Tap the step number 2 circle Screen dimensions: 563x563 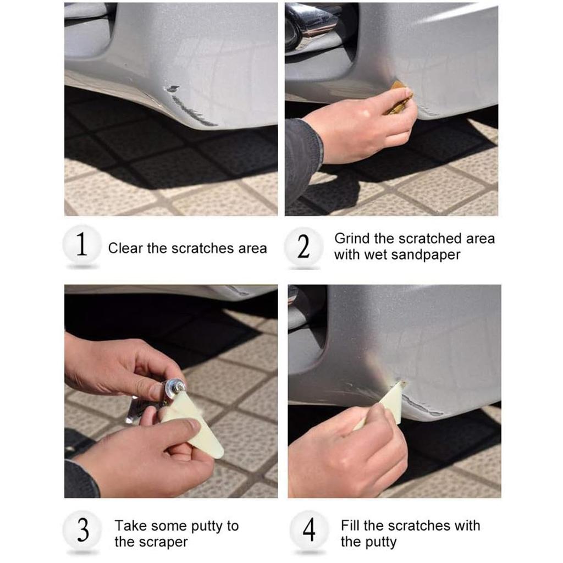coord(303,247)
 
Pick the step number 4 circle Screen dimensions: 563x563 coord(310,530)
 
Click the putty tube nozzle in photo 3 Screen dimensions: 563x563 coord(176,387)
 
